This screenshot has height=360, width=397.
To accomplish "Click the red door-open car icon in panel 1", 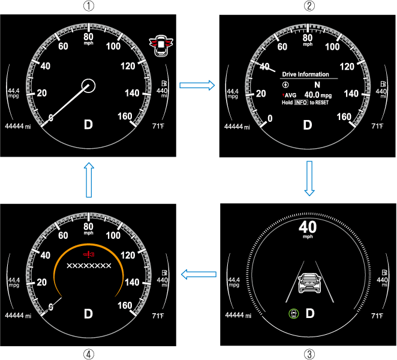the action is (161, 46).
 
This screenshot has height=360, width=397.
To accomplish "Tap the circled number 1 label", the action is (89, 5).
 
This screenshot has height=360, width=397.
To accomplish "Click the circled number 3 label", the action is (309, 354).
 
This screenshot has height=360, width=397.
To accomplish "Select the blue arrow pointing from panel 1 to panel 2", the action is (197, 85).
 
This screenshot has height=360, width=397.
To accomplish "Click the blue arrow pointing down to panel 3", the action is (309, 178).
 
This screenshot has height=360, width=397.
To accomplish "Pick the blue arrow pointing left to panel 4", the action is (198, 274).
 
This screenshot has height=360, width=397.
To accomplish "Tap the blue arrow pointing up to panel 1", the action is (89, 179).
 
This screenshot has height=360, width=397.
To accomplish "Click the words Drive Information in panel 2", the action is (306, 74).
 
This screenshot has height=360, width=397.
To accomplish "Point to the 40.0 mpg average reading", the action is (318, 95).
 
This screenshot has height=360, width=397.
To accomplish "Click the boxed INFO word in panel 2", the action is (301, 103).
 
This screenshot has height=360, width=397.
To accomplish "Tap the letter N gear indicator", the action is (317, 85).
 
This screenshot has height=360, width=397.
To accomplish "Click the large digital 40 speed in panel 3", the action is (308, 227).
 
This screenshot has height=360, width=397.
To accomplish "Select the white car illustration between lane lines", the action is (309, 283).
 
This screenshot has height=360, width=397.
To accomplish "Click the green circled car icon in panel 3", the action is (294, 314).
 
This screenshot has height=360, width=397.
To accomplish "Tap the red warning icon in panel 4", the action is (89, 254).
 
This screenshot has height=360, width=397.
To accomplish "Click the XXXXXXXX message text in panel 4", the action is (89, 266).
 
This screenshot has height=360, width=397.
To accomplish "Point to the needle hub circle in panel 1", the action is (88, 86).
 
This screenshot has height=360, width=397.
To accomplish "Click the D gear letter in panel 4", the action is (88, 314).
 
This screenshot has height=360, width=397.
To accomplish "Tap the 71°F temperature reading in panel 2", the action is (377, 126).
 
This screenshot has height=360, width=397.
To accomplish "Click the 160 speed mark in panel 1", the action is (125, 116).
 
